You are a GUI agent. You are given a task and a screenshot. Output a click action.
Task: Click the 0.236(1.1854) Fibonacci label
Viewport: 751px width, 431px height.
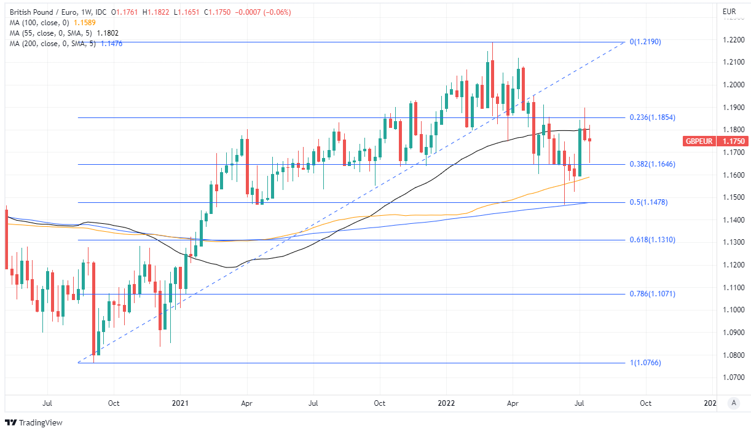653,117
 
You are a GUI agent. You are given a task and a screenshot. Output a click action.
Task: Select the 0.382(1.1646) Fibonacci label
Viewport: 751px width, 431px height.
653,165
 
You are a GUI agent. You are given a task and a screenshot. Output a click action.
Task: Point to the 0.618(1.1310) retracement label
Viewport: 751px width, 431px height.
653,240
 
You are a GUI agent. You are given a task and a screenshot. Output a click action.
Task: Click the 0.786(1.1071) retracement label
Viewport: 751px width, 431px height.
653,294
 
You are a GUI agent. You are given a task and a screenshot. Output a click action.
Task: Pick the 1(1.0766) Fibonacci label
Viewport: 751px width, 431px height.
645,363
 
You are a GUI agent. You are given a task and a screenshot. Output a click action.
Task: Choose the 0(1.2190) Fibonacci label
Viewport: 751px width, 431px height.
645,42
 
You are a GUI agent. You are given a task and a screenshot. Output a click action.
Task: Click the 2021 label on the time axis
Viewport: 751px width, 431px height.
180,403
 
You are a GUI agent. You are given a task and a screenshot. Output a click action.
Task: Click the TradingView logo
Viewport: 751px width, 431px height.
34,422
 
